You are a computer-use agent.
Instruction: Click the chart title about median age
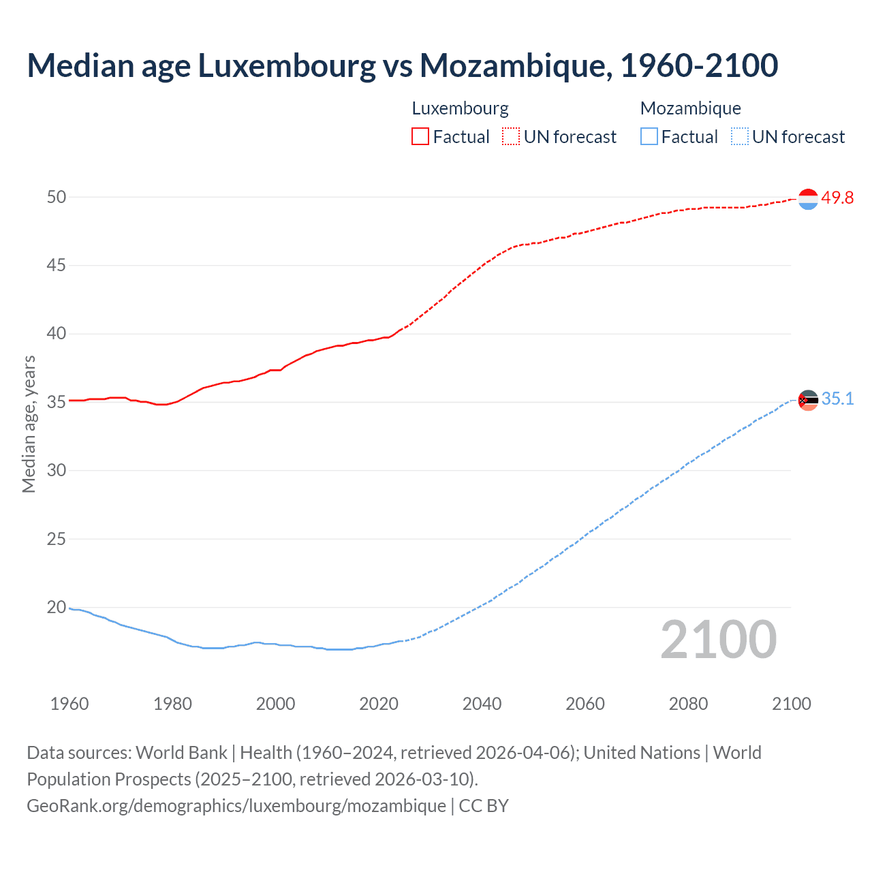[x=402, y=65]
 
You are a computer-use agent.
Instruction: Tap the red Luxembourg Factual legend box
[x=420, y=137]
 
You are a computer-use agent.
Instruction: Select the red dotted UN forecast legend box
[x=511, y=137]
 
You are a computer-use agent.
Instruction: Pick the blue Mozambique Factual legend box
[x=649, y=137]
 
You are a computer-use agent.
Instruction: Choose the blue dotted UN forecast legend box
[x=740, y=137]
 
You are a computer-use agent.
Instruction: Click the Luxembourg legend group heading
[x=460, y=108]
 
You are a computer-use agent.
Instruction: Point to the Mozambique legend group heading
[x=690, y=108]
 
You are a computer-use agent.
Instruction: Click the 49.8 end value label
[x=837, y=198]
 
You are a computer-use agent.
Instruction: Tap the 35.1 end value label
[x=837, y=399]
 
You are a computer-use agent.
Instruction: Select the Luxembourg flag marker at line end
[x=808, y=199]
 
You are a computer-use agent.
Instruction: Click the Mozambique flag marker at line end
[x=808, y=400]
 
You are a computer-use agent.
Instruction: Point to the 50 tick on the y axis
[x=57, y=197]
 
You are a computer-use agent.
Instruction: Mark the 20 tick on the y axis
[x=57, y=607]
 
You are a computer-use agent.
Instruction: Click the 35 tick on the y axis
[x=57, y=402]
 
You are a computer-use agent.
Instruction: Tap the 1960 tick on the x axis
[x=69, y=704]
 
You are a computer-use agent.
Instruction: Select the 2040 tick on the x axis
[x=482, y=704]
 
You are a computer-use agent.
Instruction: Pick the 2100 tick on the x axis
[x=791, y=704]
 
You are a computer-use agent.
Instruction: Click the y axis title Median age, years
[x=29, y=424]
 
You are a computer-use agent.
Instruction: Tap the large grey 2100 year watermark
[x=718, y=639]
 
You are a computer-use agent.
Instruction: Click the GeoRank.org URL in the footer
[x=236, y=806]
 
